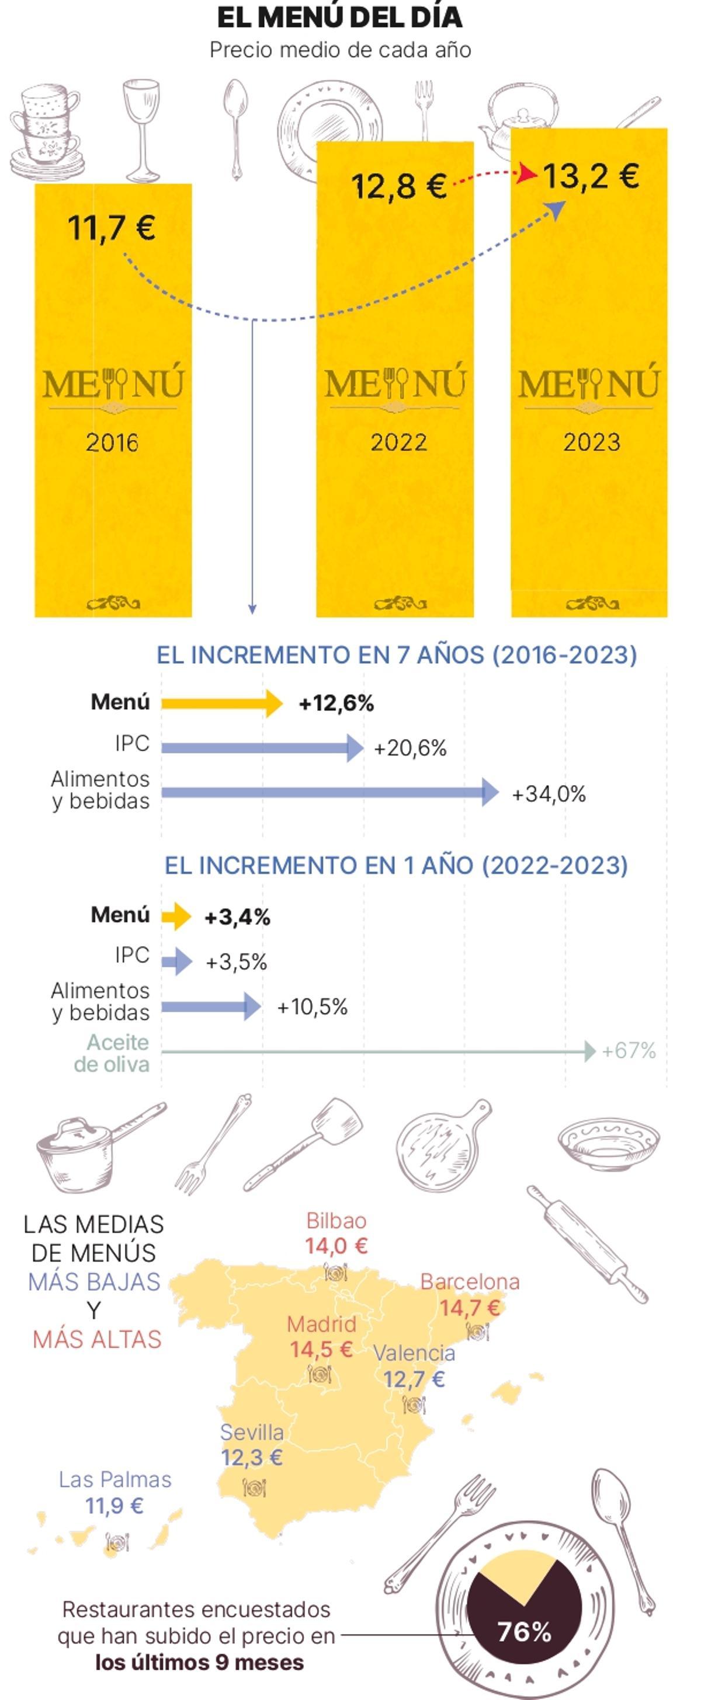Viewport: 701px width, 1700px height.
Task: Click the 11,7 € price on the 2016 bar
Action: (x=111, y=227)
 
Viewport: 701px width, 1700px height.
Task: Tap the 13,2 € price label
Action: (x=591, y=176)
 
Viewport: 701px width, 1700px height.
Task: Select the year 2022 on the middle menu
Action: (x=398, y=441)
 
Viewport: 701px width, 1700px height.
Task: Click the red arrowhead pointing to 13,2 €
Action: (x=528, y=173)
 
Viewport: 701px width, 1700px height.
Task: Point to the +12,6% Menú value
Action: (x=336, y=703)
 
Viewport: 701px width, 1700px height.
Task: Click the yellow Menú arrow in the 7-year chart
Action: (x=221, y=703)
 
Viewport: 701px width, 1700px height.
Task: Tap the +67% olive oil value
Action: (x=629, y=1051)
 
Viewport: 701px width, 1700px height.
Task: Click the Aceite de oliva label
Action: (x=112, y=1053)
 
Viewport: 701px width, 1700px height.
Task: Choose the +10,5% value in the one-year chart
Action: (x=311, y=1006)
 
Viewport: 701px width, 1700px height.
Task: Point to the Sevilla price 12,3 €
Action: (x=252, y=1457)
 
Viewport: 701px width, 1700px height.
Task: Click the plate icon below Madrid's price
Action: (x=320, y=1374)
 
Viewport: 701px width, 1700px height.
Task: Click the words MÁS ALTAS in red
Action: (x=97, y=1340)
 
